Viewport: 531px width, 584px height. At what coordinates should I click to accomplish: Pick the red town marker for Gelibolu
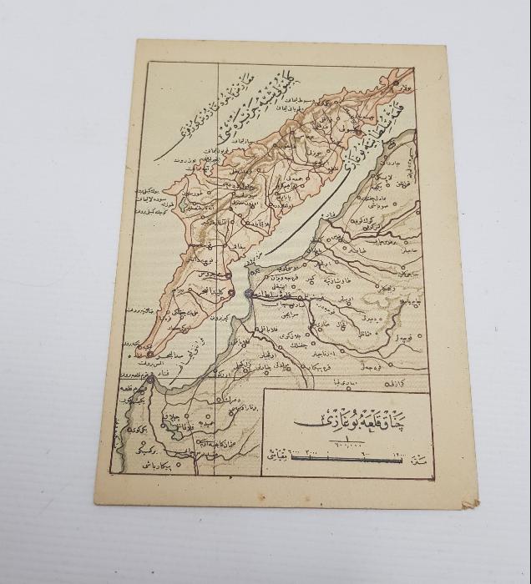pyautogui.click(x=357, y=133)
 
